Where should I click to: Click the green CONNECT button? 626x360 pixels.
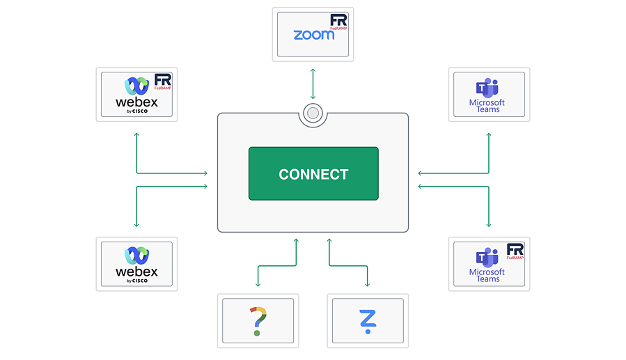click(313, 173)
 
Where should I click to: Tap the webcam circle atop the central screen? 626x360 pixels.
click(313, 114)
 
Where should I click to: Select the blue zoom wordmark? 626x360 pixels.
click(314, 35)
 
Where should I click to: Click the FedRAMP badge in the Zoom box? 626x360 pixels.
click(338, 22)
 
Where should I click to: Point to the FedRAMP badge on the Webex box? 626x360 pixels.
click(163, 81)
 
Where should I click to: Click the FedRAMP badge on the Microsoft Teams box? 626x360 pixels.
click(515, 251)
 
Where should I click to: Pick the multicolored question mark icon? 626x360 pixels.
click(258, 321)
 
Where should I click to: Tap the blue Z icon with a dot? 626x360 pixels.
click(368, 321)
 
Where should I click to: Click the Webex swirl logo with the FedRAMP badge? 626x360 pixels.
click(136, 86)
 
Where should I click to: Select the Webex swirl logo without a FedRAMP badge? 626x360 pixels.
click(136, 256)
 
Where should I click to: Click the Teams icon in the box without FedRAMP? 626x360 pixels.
click(487, 88)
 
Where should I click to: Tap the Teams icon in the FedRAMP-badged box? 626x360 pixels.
click(487, 258)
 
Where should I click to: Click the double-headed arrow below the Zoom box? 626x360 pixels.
click(313, 84)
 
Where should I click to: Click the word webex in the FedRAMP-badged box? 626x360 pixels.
click(136, 102)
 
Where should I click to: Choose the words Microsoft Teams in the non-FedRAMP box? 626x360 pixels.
click(487, 106)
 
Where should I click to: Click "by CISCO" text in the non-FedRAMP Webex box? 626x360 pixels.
click(137, 281)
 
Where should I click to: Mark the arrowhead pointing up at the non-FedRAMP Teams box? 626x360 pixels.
click(489, 135)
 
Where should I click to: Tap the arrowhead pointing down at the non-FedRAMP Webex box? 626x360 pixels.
click(136, 225)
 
